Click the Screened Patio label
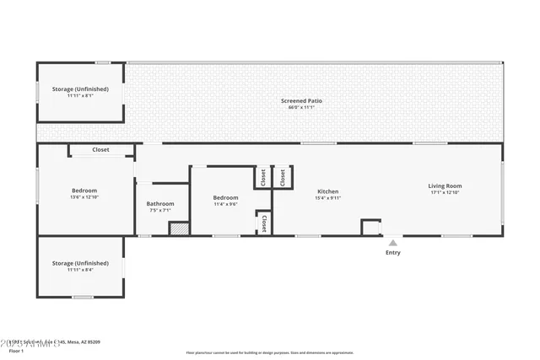tap(301, 101)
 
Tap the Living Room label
tap(445, 185)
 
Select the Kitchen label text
tap(327, 191)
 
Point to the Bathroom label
tap(160, 203)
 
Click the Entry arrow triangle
tap(392, 243)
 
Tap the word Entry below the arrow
tap(393, 253)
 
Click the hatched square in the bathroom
tap(178, 228)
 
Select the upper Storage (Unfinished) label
tap(81, 88)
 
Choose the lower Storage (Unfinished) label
tap(80, 263)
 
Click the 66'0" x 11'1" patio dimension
tap(301, 108)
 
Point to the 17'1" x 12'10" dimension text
tap(445, 192)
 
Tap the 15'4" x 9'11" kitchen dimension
tap(327, 198)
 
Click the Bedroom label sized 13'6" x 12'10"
tap(84, 191)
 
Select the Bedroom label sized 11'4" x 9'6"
tap(225, 197)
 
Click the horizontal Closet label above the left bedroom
tap(100, 150)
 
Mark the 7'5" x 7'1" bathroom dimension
tap(160, 210)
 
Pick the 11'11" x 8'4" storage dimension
tap(80, 270)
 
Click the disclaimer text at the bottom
tap(270, 352)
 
